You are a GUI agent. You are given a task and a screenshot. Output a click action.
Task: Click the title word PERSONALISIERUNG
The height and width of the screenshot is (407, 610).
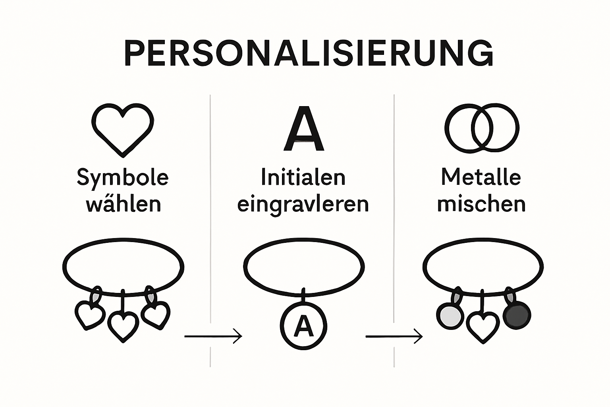309,53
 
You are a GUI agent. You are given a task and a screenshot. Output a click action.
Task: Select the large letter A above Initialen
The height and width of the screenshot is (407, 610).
304,129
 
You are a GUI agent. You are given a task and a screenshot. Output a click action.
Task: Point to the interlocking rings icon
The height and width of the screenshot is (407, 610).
481,128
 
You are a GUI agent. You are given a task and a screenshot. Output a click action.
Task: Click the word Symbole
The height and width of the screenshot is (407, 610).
123,177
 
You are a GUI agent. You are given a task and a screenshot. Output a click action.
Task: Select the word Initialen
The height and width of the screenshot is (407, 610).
303,177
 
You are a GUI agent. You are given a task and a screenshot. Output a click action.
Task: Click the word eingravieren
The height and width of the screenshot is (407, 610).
303,204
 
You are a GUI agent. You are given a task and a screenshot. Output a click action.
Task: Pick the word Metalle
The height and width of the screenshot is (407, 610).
481,177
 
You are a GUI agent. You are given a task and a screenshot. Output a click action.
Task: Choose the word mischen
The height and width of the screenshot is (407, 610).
481,204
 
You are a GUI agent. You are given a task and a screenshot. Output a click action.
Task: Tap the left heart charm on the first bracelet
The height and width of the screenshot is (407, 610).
90,315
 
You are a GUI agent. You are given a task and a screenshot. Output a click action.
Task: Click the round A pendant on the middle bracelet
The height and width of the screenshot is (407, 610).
304,326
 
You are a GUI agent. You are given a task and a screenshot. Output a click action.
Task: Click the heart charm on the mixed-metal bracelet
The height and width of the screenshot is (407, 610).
483,326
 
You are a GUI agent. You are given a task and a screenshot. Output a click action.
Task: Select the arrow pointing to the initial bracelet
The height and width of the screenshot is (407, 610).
213,336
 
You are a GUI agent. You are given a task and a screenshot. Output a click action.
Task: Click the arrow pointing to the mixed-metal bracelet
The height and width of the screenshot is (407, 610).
394,337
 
